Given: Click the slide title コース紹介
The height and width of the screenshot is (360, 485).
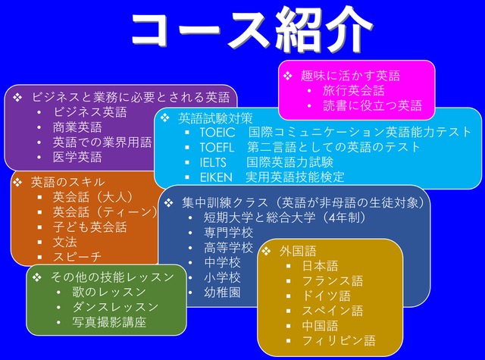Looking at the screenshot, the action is (252, 29).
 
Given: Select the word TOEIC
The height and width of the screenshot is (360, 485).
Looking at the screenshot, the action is (217, 133).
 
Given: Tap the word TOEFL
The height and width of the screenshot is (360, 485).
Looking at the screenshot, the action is (217, 148).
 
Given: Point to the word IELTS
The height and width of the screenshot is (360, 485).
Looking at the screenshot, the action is (213, 162).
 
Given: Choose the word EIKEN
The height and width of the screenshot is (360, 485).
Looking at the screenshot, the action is (216, 177).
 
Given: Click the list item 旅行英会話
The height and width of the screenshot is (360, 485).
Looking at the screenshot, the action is (354, 91).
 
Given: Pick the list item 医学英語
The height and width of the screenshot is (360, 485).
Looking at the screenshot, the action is (77, 157).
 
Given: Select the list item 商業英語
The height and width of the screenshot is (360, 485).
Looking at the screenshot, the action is (77, 127).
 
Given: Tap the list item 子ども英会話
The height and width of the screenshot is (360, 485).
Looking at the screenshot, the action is (89, 227).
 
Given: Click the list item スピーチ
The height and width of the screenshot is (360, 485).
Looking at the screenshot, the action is (77, 257).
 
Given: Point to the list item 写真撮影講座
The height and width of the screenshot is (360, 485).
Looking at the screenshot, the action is (109, 322).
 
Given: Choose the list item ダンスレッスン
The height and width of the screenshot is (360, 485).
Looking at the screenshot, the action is (115, 307).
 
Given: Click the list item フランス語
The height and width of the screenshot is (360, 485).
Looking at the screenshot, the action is (333, 281).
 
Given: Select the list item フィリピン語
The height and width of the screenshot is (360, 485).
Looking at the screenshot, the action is (339, 340).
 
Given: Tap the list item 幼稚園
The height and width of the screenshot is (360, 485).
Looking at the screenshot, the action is (222, 293).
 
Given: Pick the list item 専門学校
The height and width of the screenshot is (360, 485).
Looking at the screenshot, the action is (228, 233).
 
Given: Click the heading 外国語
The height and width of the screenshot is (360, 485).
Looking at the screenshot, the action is (298, 251).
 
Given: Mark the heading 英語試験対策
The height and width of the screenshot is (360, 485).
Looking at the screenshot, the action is (215, 118).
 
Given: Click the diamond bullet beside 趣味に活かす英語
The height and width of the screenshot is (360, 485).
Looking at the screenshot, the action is (288, 76).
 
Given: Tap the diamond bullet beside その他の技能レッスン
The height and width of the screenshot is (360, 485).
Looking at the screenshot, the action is (37, 277).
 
